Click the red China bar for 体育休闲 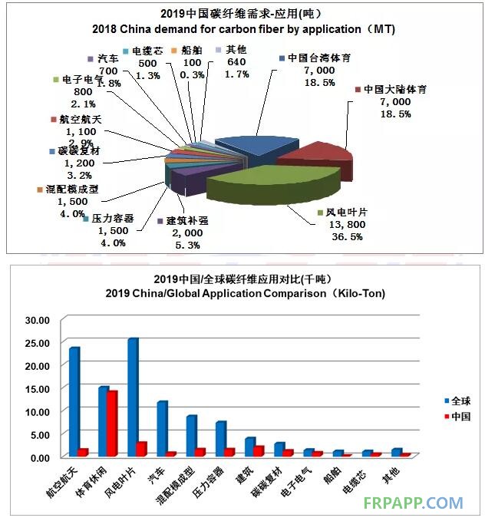point(112,424)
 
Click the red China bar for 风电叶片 point(142,449)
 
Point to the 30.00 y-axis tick point(37,319)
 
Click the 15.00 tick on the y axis point(37,388)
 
